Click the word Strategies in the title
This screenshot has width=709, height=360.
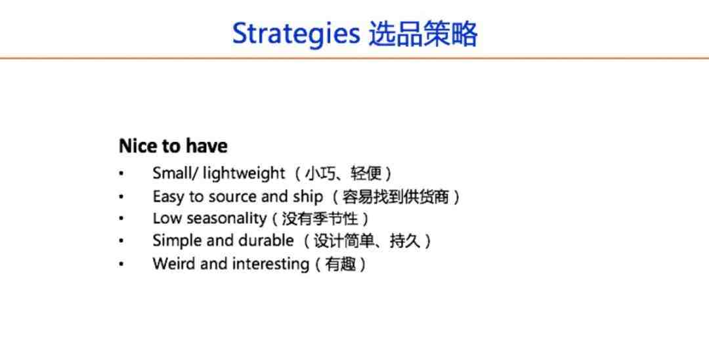pyautogui.click(x=296, y=34)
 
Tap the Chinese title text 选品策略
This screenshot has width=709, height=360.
pyautogui.click(x=423, y=34)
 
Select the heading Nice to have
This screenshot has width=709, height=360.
pyautogui.click(x=173, y=146)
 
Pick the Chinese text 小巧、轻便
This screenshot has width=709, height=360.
pyautogui.click(x=343, y=173)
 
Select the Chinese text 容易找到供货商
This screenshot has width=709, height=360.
pyautogui.click(x=396, y=197)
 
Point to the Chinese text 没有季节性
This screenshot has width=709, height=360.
pyautogui.click(x=320, y=219)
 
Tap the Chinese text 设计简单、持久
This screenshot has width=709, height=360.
pyautogui.click(x=367, y=241)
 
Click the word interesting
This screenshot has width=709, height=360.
pyautogui.click(x=270, y=263)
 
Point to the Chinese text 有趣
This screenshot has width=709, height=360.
pyautogui.click(x=341, y=263)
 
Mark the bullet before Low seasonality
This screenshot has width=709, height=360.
pyautogui.click(x=121, y=219)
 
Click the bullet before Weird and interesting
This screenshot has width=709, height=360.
pyautogui.click(x=121, y=263)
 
